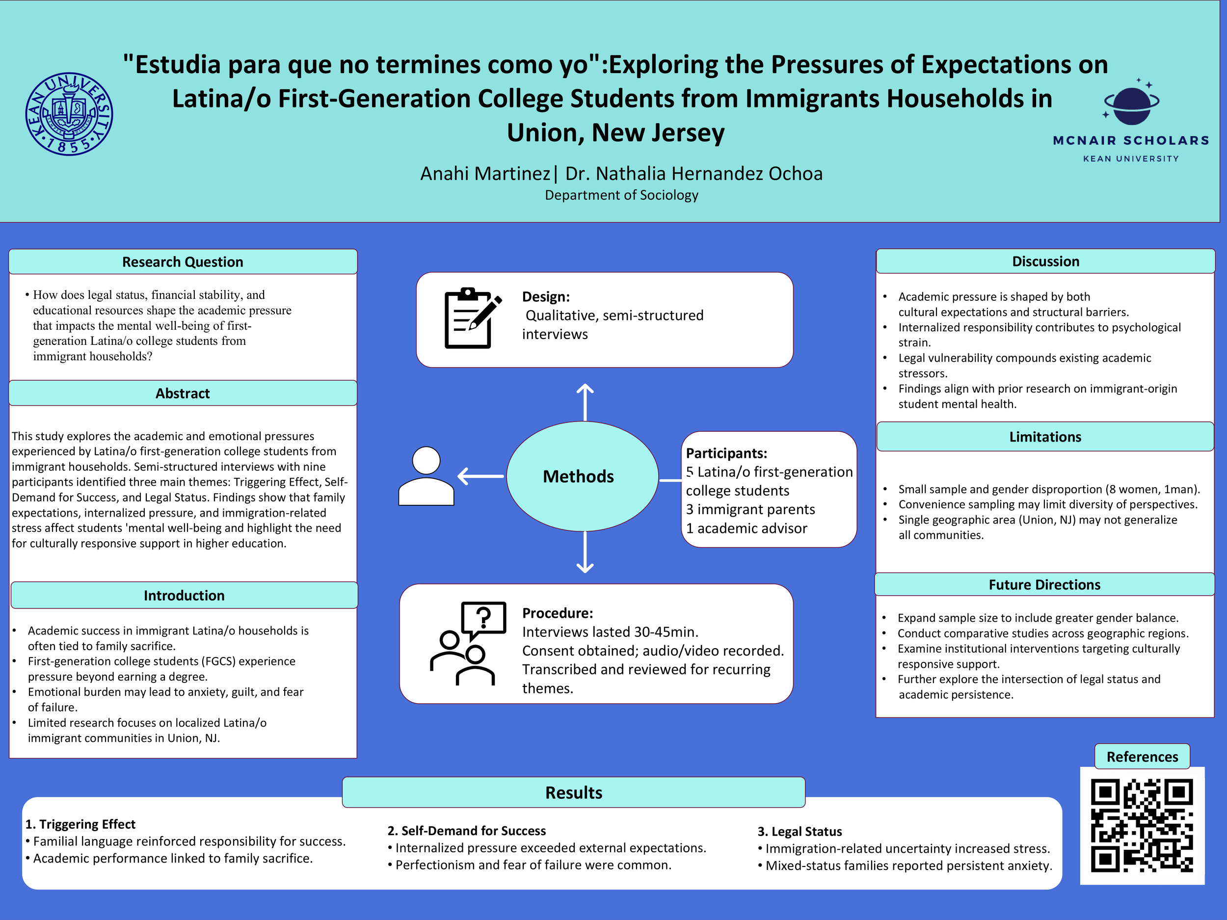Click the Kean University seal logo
(x=69, y=114)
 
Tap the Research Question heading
(x=183, y=262)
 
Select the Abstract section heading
(x=183, y=393)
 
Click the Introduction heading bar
(x=184, y=595)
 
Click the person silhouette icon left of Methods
(x=426, y=476)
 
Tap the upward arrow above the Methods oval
(x=585, y=402)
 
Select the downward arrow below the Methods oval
(x=585, y=552)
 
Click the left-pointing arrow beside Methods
(x=480, y=476)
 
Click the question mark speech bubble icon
(x=483, y=619)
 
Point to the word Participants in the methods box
(x=726, y=453)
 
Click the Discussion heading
(x=1045, y=261)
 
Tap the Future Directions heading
(x=1044, y=584)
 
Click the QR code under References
(x=1142, y=825)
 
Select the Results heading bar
(x=574, y=792)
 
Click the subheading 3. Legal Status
(x=800, y=831)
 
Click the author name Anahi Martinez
(x=485, y=174)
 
